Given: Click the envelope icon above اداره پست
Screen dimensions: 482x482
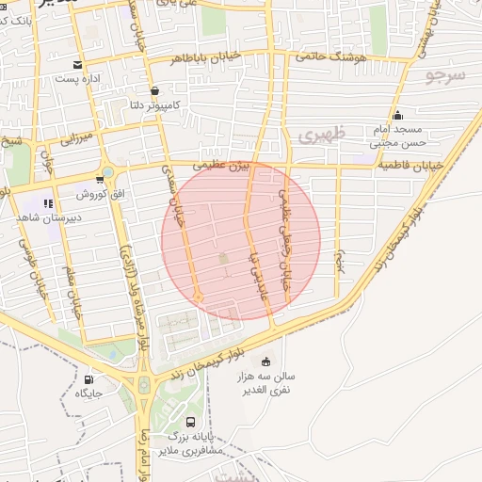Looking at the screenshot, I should tap(77, 66).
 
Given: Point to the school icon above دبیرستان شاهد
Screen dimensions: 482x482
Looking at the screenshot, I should tap(48, 202).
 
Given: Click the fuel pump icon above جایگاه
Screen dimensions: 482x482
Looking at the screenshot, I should tap(88, 379).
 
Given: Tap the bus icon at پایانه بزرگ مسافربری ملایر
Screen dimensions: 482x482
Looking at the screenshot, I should tap(191, 423).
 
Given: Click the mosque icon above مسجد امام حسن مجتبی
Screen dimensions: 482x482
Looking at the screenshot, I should tap(398, 114).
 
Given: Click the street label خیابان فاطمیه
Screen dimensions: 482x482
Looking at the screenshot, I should tap(411, 167).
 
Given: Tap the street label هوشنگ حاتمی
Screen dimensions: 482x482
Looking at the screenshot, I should tap(330, 56).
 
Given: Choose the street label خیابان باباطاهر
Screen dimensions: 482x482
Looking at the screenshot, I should tap(206, 58).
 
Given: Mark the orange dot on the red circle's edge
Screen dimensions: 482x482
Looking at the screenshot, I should tap(198, 297).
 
